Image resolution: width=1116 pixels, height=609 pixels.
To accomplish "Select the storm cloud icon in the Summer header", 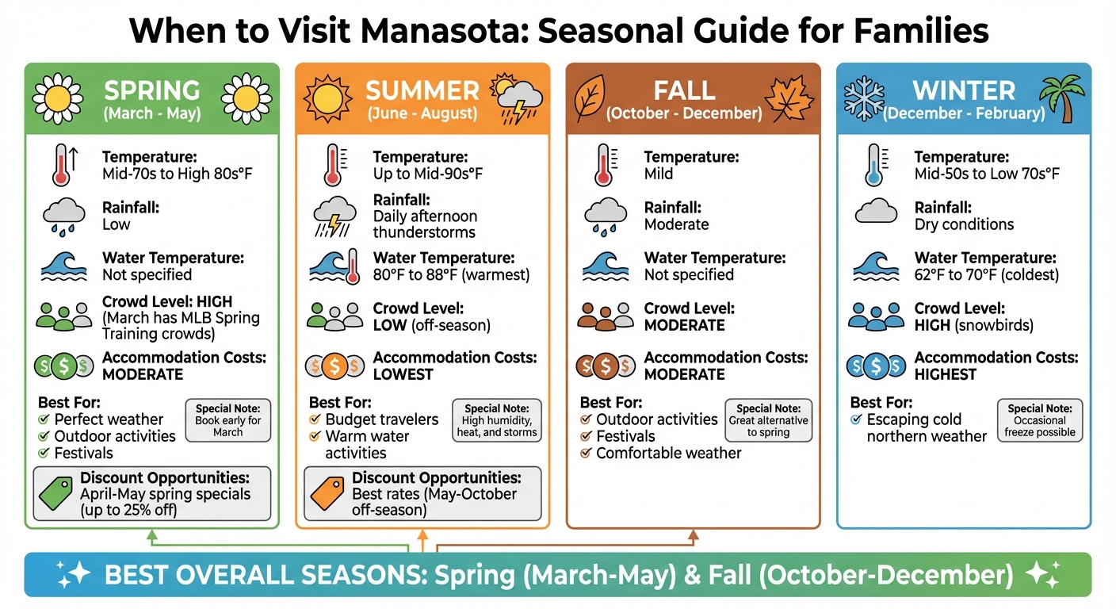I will click(x=517, y=100).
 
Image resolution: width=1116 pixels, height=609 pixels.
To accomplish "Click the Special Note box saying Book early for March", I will click(x=228, y=421).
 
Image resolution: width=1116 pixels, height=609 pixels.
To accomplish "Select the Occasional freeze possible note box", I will click(x=1040, y=421).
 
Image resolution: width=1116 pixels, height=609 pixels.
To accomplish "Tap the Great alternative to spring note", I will click(x=769, y=421).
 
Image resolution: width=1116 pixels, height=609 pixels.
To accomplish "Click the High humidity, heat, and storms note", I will click(x=497, y=421).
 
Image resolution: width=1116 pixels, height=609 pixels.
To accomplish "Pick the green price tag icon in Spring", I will click(x=55, y=493).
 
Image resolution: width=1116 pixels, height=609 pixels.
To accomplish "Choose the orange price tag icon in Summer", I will click(x=327, y=493).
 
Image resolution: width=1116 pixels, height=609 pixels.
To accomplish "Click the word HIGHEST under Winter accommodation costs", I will click(x=946, y=374).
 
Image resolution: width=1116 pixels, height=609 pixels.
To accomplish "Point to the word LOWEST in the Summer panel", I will click(x=403, y=374).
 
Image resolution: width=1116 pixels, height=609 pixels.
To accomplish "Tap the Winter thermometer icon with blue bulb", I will click(x=874, y=165).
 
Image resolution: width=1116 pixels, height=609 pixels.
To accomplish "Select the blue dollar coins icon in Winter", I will click(x=875, y=366).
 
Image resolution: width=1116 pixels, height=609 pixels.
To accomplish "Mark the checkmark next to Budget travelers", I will click(x=315, y=419).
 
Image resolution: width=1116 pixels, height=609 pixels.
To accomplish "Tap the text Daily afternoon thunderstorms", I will click(x=425, y=224).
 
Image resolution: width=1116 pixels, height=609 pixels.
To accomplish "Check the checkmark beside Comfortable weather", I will click(x=586, y=454).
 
